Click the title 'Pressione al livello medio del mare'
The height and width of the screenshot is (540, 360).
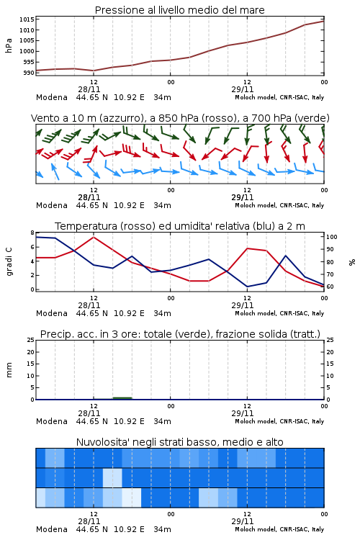pos(180,10)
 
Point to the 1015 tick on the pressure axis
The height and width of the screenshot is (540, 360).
pos(27,19)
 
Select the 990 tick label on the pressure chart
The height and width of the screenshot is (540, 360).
pos(29,73)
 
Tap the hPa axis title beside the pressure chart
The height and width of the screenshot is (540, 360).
pos(9,45)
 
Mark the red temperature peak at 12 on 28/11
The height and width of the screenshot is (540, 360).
pos(94,237)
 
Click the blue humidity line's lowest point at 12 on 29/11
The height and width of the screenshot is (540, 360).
pos(247,287)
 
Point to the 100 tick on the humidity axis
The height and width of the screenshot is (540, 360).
pos(332,237)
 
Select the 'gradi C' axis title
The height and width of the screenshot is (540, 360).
pos(9,261)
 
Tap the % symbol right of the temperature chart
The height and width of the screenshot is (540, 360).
pos(352,262)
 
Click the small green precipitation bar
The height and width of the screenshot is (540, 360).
pos(122,398)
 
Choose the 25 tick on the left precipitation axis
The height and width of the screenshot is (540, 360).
pos(31,340)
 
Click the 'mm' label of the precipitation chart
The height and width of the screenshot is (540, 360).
pos(9,370)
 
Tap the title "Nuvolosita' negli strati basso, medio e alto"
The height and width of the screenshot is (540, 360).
pos(180,442)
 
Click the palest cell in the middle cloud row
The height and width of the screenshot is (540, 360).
pos(112,477)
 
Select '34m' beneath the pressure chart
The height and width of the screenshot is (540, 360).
pos(162,97)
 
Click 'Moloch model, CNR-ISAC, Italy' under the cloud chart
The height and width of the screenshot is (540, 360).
pos(279,529)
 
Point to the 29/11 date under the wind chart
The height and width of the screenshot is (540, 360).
pos(243,197)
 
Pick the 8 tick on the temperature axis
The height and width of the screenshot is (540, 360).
pos(32,233)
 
